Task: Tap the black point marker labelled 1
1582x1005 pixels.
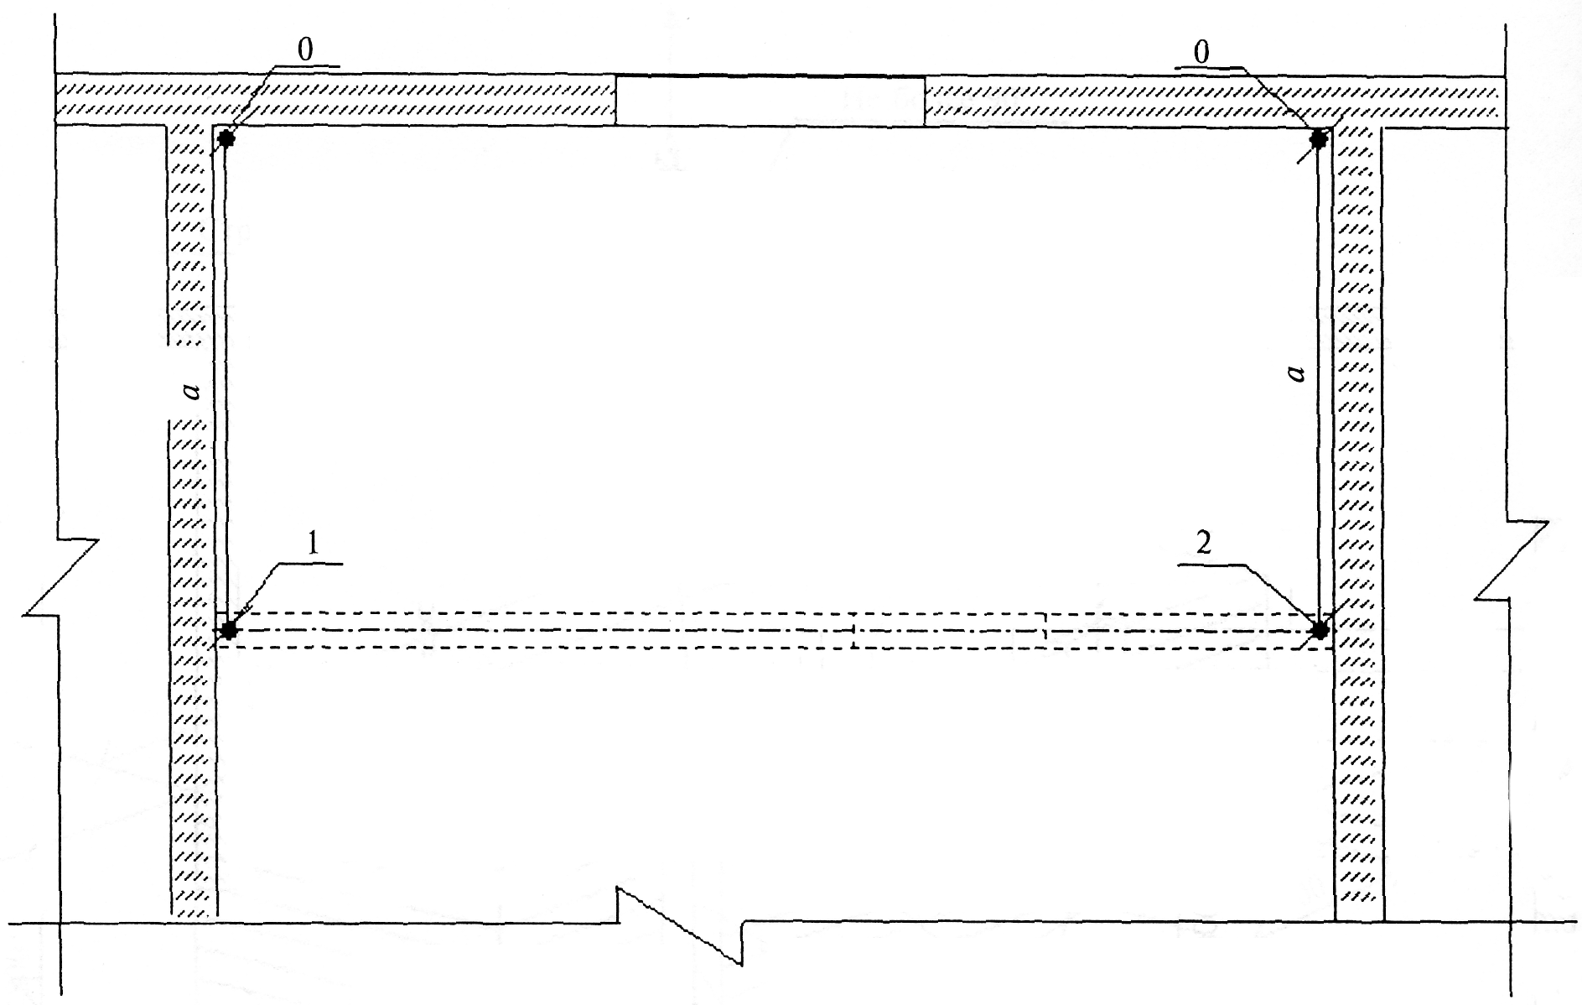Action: click(x=227, y=629)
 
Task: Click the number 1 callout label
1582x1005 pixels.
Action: click(x=312, y=545)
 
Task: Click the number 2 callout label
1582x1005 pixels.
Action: click(x=1204, y=545)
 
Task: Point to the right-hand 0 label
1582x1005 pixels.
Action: click(x=1201, y=52)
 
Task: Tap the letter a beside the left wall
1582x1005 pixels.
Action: click(x=192, y=390)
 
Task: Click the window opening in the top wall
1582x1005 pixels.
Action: click(x=770, y=101)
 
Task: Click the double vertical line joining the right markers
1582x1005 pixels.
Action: click(x=1324, y=378)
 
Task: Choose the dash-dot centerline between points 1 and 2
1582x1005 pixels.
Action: click(x=771, y=630)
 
